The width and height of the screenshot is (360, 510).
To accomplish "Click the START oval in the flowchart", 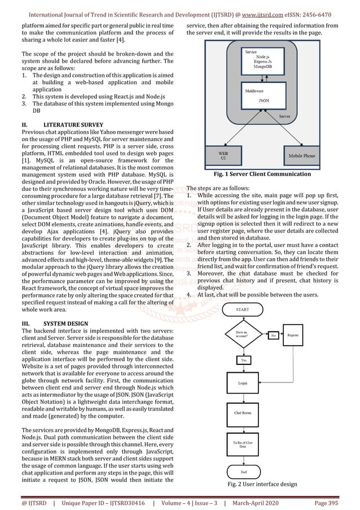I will (x=243, y=310).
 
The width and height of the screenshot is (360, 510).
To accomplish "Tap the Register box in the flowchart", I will (x=293, y=335).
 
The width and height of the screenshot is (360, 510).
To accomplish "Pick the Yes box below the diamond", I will (x=243, y=359).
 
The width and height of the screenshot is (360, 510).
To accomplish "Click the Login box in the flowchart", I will (x=243, y=383).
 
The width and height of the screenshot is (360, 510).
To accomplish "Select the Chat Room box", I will (x=243, y=413).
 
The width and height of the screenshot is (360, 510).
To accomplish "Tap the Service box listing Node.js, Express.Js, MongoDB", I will (x=262, y=61).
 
